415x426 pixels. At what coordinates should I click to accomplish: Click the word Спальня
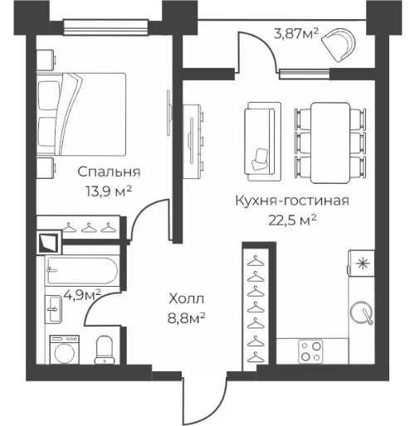[x=108, y=172]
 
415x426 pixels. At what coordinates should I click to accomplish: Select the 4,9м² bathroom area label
[x=82, y=293]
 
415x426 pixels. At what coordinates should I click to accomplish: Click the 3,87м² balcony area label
[x=296, y=34]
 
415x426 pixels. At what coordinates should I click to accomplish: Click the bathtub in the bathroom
[x=82, y=271]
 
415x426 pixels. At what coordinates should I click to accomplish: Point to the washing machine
[x=63, y=348]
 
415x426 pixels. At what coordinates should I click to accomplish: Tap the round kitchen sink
[x=362, y=313]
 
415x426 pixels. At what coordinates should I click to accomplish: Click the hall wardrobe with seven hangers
[x=256, y=307]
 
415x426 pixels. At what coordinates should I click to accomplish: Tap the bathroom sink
[x=53, y=313]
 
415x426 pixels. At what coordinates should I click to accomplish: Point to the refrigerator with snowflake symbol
[x=361, y=264]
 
